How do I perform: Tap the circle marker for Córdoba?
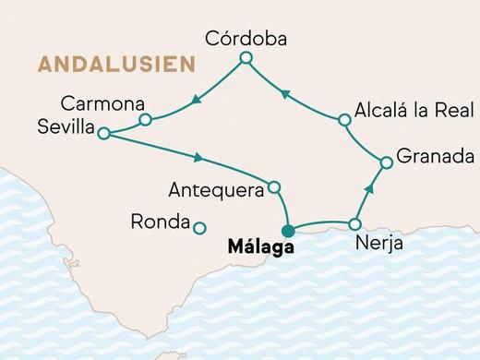(246, 59)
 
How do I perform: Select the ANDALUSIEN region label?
(116, 65)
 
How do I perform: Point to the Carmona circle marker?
(145, 119)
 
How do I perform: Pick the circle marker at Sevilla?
(103, 134)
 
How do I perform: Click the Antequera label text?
(216, 190)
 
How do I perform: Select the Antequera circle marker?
(273, 187)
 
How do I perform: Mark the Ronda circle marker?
(199, 226)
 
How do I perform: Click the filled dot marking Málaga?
(289, 231)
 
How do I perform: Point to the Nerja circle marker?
(355, 224)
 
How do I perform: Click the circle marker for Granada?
(387, 162)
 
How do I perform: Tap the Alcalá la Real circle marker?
(344, 119)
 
